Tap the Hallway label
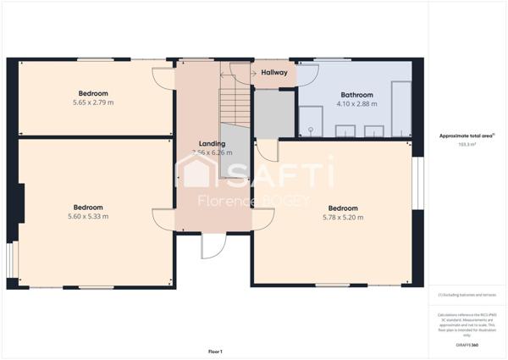274,73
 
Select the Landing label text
212,144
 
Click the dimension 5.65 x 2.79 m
93,102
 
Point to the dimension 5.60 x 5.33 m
88,216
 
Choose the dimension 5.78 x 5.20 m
343,218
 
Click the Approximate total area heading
467,136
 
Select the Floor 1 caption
215,351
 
